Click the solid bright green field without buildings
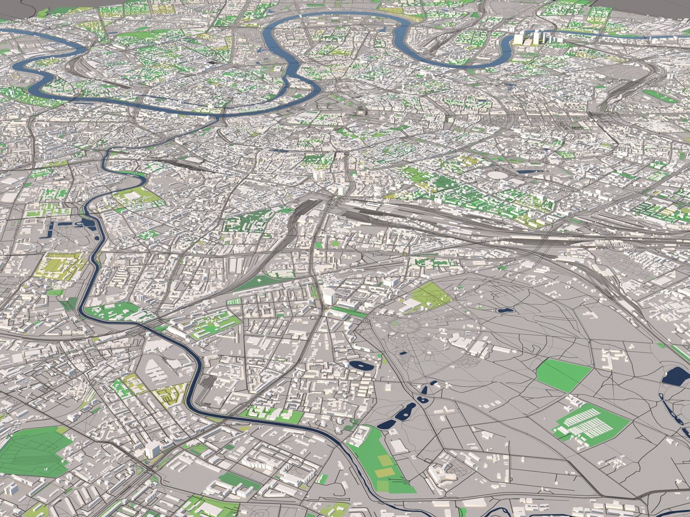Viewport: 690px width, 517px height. [564, 375]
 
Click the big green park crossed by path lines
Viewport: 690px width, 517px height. [34, 453]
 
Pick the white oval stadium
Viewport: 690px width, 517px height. [499, 175]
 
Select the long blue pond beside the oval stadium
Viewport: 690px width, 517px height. [527, 171]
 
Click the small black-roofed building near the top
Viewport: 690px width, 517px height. [211, 62]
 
